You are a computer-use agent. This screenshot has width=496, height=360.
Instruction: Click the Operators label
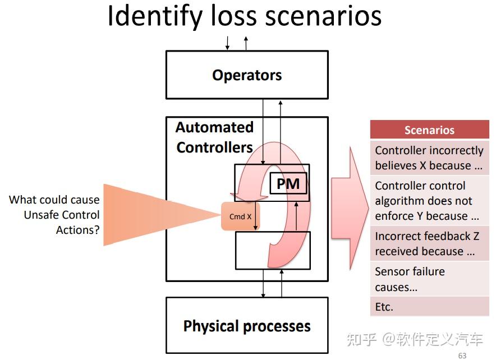(x=247, y=75)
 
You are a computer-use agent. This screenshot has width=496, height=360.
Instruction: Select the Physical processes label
(x=247, y=326)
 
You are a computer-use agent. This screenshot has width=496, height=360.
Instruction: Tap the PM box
(x=288, y=183)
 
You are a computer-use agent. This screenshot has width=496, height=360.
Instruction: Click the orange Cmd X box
(x=240, y=216)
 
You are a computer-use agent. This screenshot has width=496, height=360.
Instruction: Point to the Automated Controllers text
(x=214, y=137)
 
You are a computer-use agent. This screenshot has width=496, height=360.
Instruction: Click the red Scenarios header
(x=430, y=130)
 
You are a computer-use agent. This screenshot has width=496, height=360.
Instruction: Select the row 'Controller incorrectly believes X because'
(x=430, y=158)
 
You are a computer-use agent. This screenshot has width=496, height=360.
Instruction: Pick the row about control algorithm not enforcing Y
(x=430, y=201)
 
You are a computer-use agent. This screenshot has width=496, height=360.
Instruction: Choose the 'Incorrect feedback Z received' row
(x=430, y=243)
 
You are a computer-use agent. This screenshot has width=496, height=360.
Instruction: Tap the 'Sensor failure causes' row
(x=430, y=279)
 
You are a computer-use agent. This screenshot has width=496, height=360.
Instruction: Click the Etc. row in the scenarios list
(x=430, y=307)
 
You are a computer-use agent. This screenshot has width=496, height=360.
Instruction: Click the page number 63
(x=462, y=356)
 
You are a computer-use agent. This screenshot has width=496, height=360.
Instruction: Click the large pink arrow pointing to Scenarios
(x=350, y=209)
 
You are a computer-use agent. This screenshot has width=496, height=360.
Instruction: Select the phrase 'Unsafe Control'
(x=62, y=215)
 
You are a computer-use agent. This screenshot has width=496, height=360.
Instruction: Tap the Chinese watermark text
(x=415, y=339)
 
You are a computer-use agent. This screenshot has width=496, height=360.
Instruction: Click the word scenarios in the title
(x=323, y=16)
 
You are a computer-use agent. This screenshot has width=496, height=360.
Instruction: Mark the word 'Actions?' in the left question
(x=78, y=230)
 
